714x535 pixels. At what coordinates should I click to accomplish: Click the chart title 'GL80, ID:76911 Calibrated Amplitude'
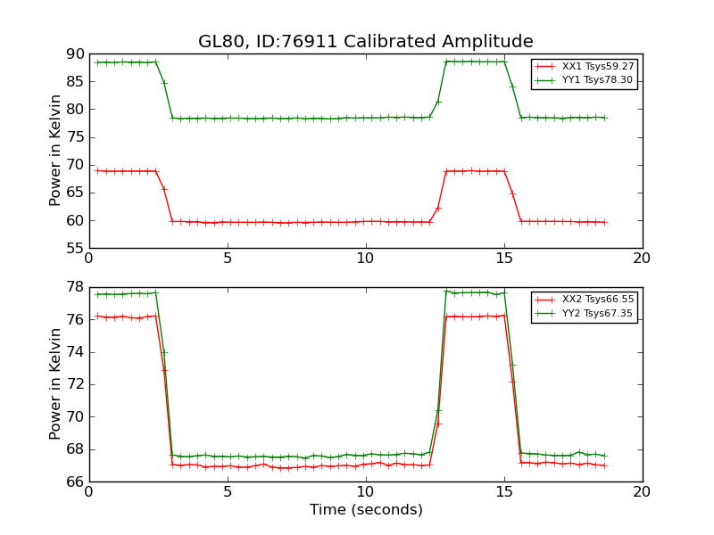365,42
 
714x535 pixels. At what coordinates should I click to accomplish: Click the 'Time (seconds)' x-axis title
366,510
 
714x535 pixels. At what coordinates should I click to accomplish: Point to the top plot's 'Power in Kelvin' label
56,151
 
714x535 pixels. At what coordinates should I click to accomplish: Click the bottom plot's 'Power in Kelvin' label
56,384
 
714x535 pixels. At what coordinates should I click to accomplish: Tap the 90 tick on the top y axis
75,54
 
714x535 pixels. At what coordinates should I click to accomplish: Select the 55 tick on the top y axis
75,249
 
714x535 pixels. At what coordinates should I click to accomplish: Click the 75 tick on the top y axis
75,137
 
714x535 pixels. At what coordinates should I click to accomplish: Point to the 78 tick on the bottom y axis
75,288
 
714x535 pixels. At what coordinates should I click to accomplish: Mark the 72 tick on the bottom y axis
75,385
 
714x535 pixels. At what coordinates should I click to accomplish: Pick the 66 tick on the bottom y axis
75,482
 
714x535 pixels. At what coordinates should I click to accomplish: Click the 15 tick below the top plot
504,258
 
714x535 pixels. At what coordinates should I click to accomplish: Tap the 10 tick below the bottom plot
366,491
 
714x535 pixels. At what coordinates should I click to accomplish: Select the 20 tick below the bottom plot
643,491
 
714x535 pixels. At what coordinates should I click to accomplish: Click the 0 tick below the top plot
89,258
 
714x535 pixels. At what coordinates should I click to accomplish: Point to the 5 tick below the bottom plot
228,491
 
